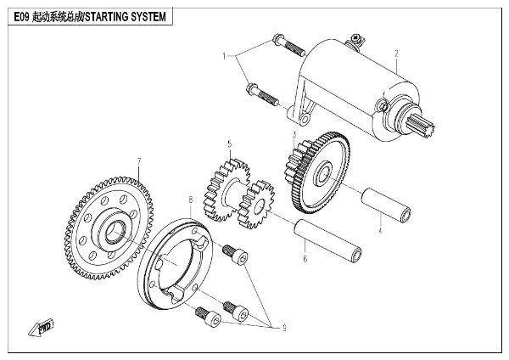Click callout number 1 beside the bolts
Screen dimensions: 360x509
click(x=225, y=56)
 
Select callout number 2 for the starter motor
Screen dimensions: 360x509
click(x=395, y=53)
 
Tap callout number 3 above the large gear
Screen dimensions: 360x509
click(x=294, y=134)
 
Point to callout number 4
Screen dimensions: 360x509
click(x=380, y=229)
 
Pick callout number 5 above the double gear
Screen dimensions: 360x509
click(x=228, y=145)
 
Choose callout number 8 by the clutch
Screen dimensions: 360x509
click(x=191, y=200)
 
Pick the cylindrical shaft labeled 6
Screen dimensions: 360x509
click(x=327, y=240)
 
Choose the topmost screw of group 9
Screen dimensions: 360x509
click(x=233, y=253)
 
